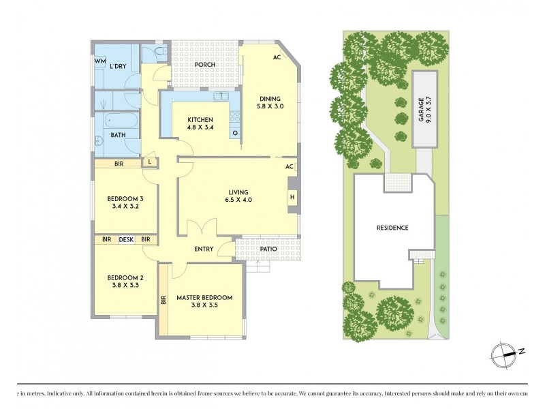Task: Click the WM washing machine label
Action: tap(100, 62)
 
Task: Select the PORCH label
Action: tap(204, 65)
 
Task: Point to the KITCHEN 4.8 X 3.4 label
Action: tap(200, 124)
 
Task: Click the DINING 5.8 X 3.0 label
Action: tap(270, 102)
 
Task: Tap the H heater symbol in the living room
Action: tap(292, 198)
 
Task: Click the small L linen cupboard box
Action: tap(149, 162)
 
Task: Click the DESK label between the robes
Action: tap(126, 239)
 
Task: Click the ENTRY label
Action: tap(204, 249)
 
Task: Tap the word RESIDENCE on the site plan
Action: tap(392, 228)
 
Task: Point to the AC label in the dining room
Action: tap(277, 58)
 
